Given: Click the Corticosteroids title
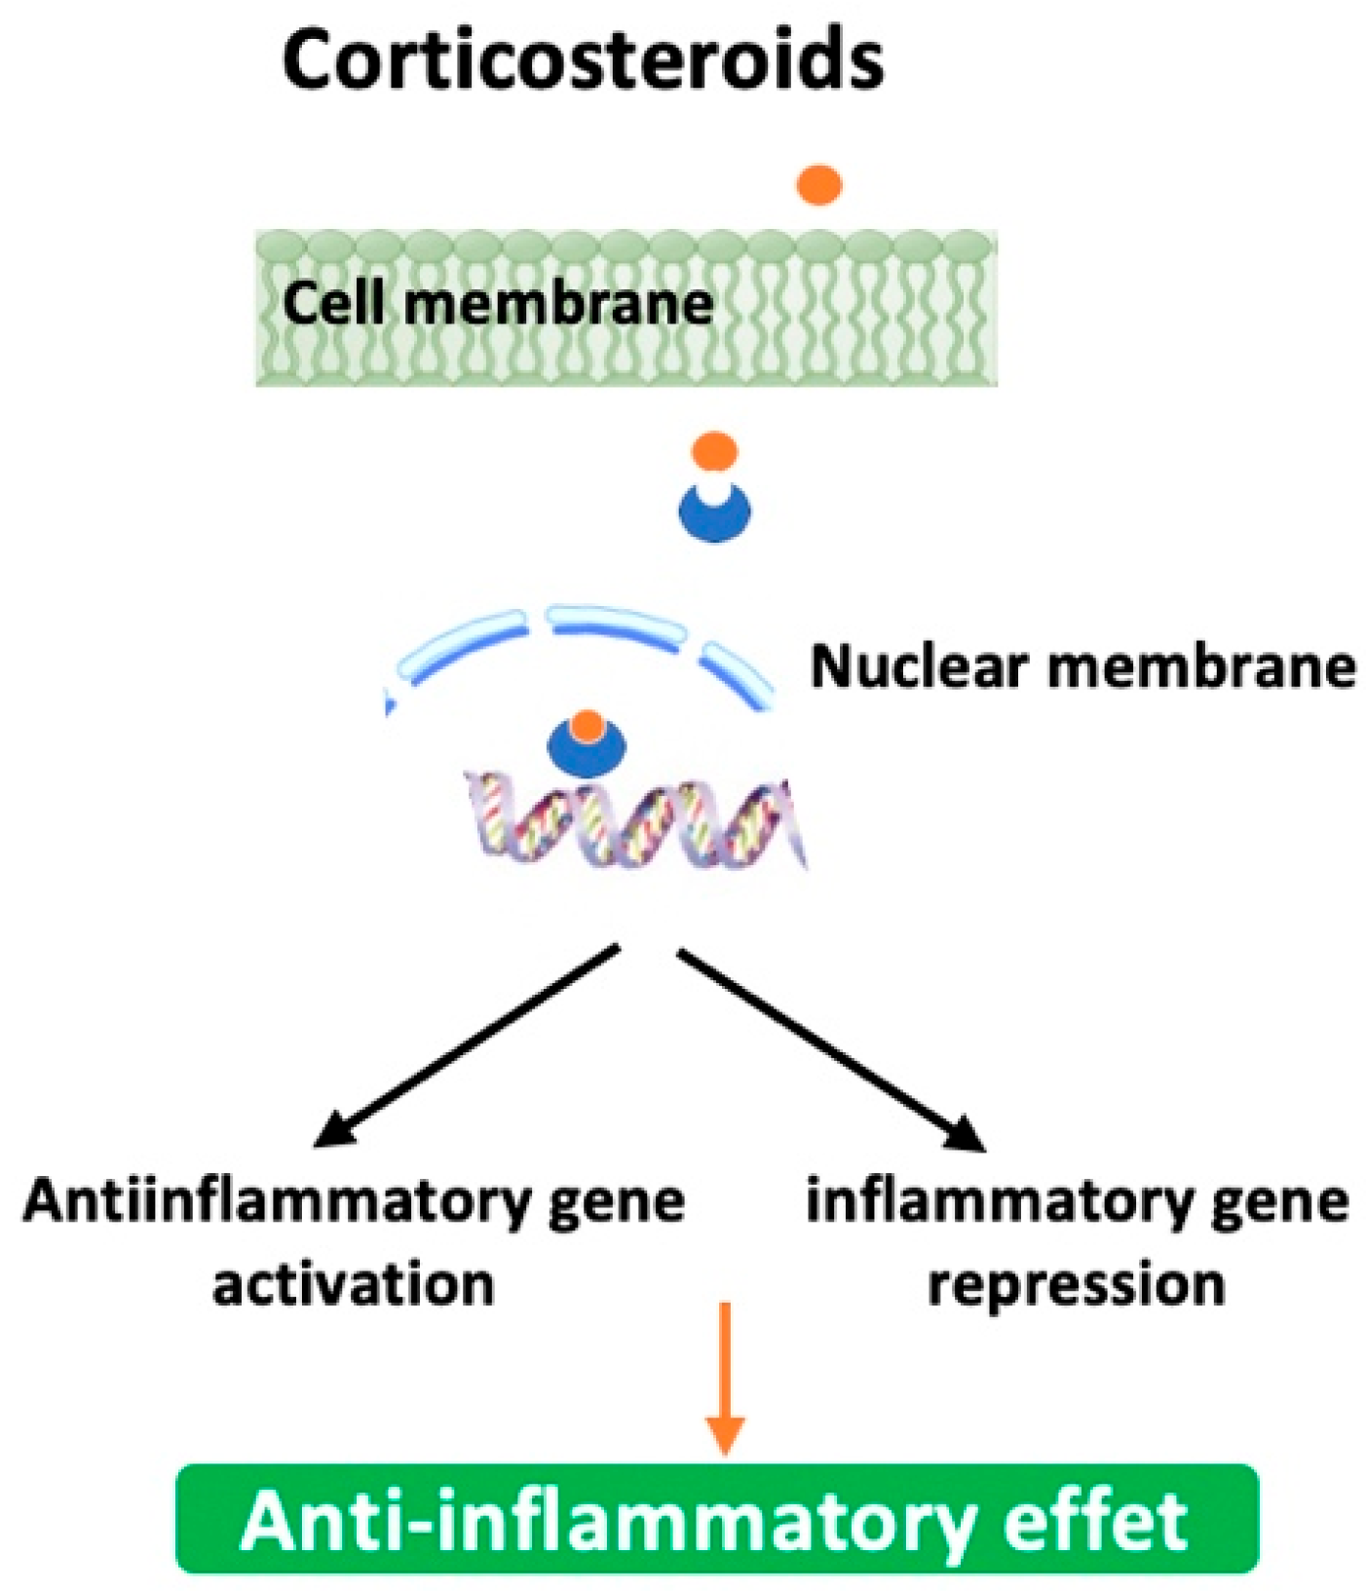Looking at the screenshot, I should [583, 60].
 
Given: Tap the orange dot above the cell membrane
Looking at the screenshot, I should [818, 185].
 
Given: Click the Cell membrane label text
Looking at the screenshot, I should [497, 304].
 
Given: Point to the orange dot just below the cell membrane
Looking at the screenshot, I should [714, 452].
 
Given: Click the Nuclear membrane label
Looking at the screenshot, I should [1082, 667].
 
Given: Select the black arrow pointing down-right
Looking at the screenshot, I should [828, 1047].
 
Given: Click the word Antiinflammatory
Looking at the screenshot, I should [277, 1201].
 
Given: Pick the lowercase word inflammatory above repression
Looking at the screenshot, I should [1000, 1201].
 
